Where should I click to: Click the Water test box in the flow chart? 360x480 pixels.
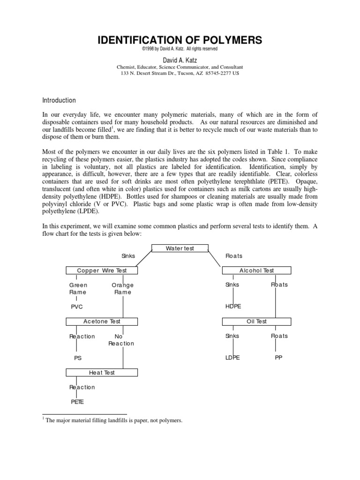tap(180, 248)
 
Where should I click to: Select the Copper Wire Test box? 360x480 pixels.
tap(102, 270)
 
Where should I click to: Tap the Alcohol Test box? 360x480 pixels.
tap(256, 270)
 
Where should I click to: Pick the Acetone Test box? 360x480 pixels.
tap(102, 322)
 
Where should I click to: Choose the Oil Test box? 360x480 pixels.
tap(256, 322)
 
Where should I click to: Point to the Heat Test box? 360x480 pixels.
tap(102, 373)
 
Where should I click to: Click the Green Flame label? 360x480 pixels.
tap(78, 288)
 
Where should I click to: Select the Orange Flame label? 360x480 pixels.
tap(123, 288)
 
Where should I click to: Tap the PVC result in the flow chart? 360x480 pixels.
tap(76, 307)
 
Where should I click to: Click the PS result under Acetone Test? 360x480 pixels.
tap(78, 358)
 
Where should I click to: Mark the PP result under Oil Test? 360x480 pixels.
tap(279, 358)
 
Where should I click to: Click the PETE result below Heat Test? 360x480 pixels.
tap(77, 402)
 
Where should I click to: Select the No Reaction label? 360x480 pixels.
tap(121, 340)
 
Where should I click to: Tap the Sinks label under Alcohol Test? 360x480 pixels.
tap(232, 285)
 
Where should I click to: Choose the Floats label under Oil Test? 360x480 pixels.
tap(279, 336)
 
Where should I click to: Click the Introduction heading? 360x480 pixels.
tap(59, 100)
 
